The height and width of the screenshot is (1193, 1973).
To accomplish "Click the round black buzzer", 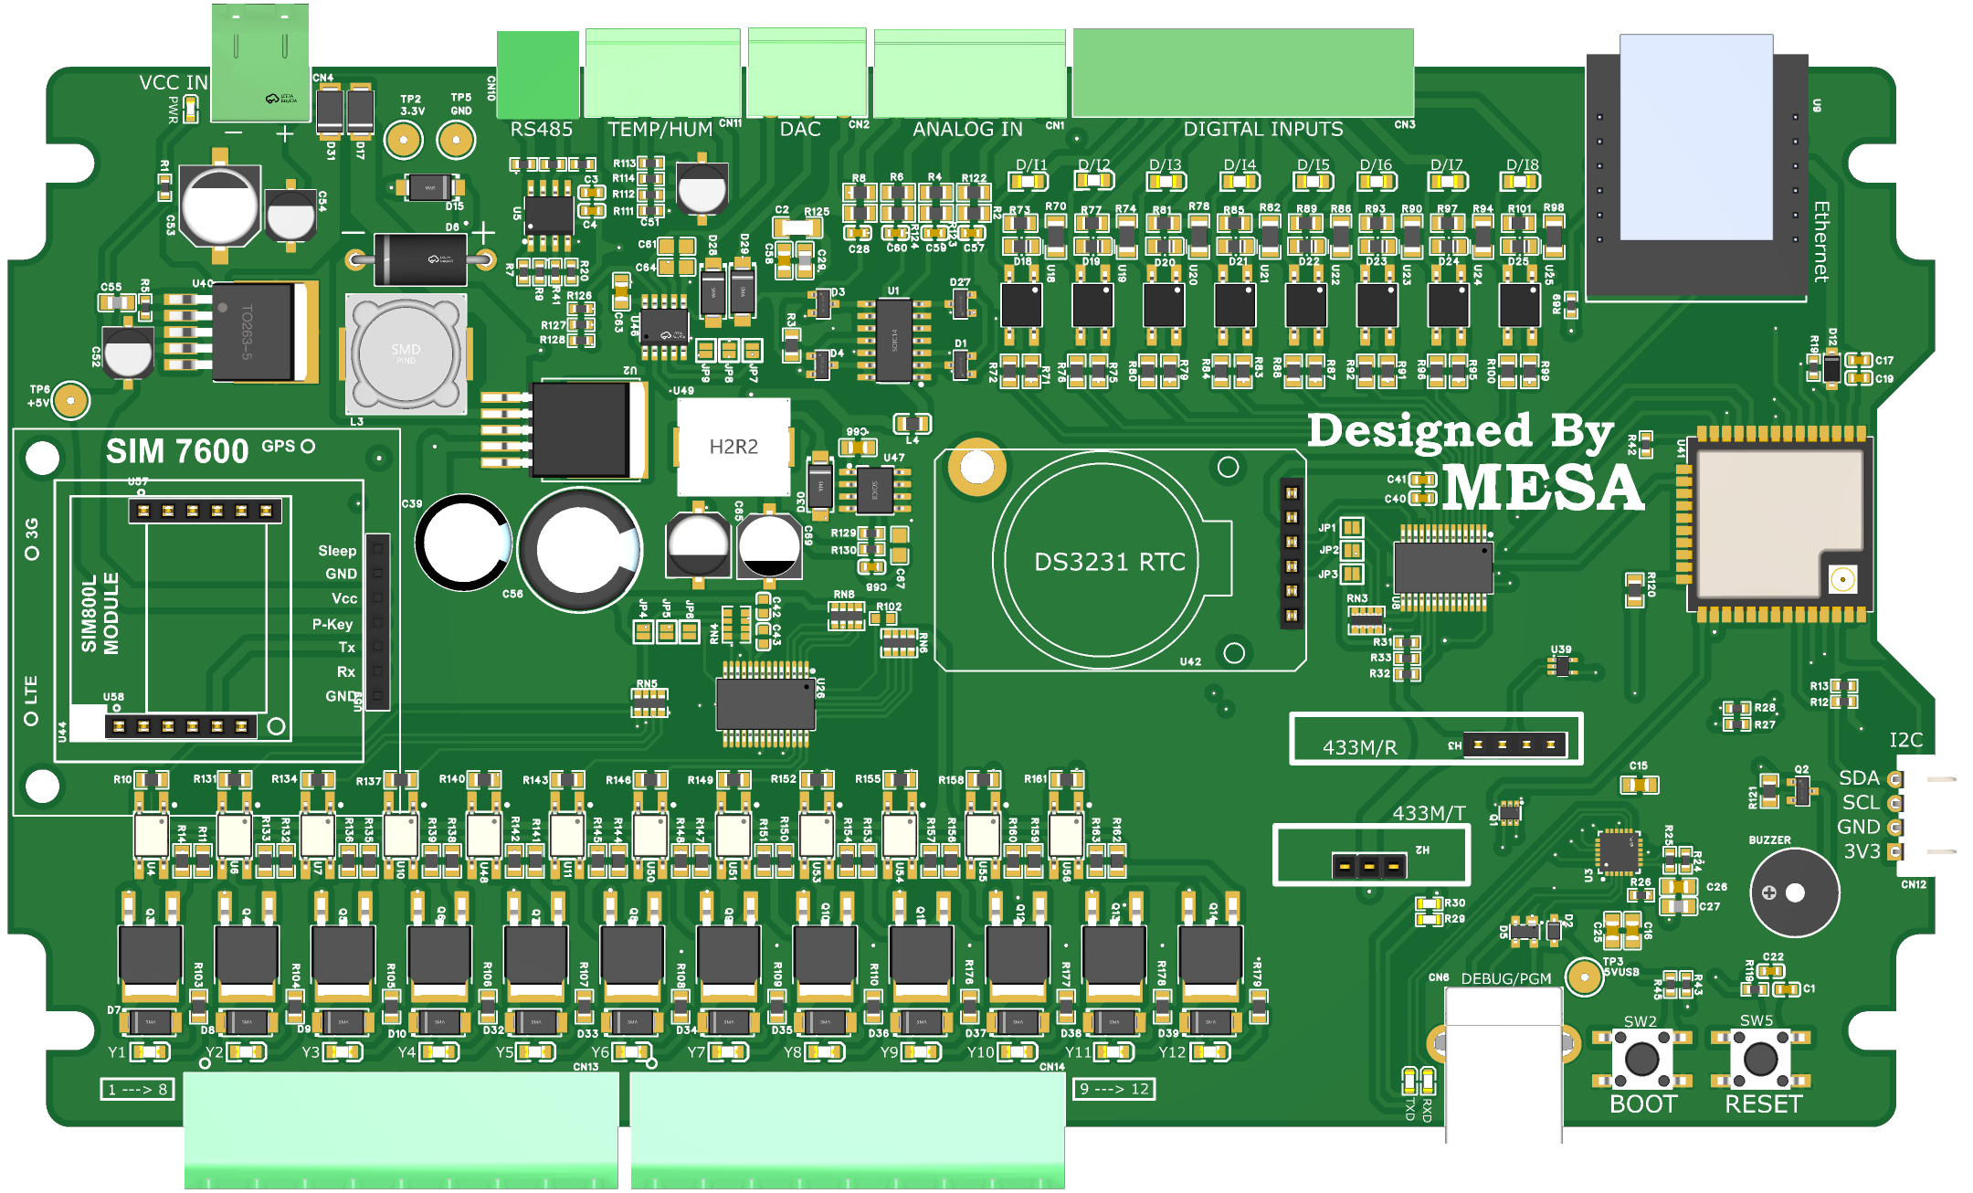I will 1794,892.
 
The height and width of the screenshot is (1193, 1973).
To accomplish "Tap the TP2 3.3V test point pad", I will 403,141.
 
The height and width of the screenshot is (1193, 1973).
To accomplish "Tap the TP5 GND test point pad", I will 456,141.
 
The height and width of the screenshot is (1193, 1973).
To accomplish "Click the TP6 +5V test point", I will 69,400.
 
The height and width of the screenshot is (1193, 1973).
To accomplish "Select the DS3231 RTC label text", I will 1109,562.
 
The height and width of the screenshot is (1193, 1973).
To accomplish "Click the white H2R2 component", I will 733,447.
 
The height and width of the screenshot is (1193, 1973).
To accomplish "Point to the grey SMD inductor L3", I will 406,354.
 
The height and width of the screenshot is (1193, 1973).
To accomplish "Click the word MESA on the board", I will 1543,488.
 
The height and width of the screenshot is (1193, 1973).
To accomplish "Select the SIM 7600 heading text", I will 177,451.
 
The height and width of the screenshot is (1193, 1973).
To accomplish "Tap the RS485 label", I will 541,130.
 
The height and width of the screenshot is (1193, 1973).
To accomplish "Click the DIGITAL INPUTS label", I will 1263,130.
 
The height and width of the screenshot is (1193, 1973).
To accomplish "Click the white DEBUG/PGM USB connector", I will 1503,1064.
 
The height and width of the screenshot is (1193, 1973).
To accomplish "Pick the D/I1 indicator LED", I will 1030,182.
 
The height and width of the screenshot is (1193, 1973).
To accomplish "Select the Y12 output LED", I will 1209,1052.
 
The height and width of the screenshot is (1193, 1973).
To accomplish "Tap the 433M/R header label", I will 1359,747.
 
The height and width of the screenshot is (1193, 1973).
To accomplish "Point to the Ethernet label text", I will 1820,241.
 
